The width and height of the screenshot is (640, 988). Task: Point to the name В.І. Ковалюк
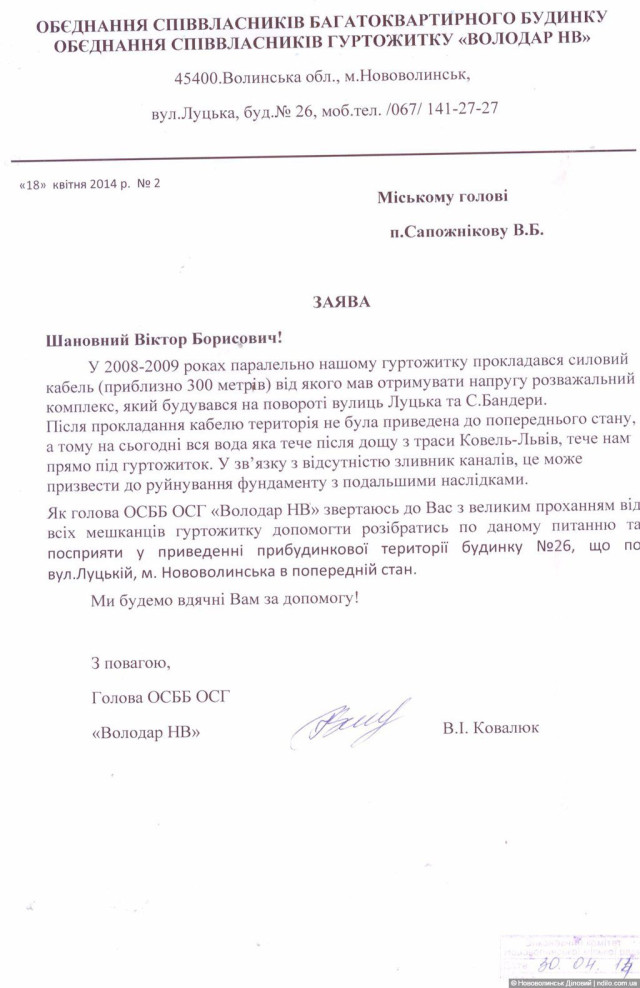491,727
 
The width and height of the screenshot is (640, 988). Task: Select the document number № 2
148,183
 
